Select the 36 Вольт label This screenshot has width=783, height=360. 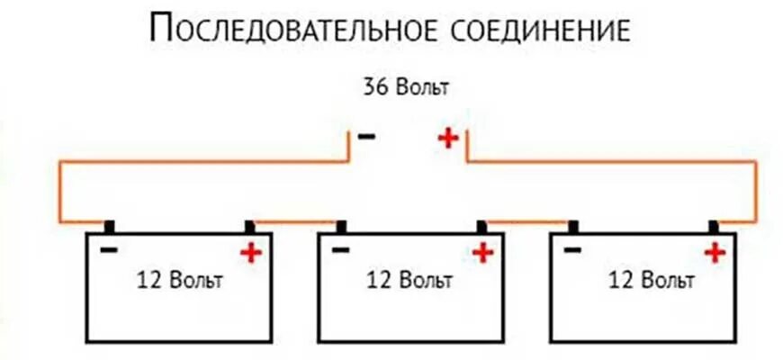coord(405,88)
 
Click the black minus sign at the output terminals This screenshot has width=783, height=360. coord(366,137)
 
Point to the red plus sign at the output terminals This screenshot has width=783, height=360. coord(447,138)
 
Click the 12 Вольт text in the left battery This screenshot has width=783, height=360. coord(179,280)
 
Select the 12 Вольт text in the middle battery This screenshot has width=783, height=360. coord(409,280)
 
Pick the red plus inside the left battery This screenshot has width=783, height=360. coord(250,253)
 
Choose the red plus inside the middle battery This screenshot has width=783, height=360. coord(483,253)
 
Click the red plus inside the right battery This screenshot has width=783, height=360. coord(715,253)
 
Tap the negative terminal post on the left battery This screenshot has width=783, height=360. coord(109,226)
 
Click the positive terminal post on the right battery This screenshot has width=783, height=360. coord(715,226)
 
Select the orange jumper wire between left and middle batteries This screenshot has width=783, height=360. coord(294,221)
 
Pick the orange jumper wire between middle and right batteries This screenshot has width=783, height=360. coord(526,221)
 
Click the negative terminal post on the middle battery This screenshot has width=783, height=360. coord(341,226)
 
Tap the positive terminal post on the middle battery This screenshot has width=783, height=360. coord(482,226)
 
